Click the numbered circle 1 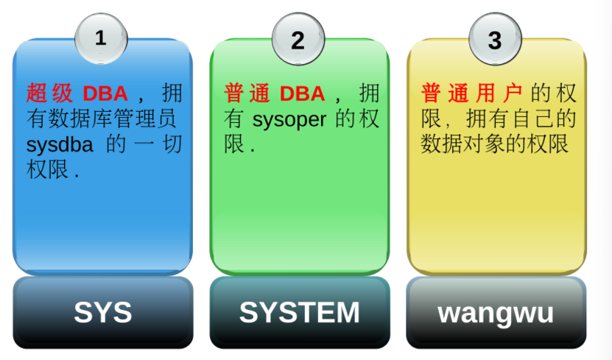pos(101,39)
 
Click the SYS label pos(102,313)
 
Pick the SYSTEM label pos(299,313)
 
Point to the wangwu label pos(496,313)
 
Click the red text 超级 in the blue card pos(50,93)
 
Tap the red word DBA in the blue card pos(105,93)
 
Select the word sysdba pos(60,144)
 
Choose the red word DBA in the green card pos(302,93)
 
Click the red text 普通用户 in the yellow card pos(471,93)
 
